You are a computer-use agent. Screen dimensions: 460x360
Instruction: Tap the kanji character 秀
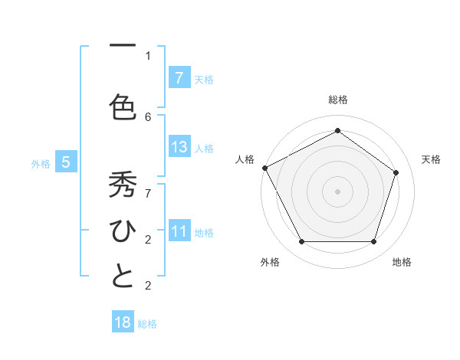[x=122, y=186]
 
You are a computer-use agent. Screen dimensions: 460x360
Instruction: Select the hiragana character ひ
[x=122, y=231]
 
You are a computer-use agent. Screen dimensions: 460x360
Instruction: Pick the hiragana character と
[x=122, y=277]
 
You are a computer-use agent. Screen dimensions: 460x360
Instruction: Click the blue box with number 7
[x=179, y=77]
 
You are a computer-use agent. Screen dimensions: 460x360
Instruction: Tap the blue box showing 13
[x=179, y=147]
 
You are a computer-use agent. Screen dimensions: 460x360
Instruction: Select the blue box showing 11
[x=179, y=231]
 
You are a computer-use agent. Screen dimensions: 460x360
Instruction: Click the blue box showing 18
[x=123, y=322]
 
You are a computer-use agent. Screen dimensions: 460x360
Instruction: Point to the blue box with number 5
[x=66, y=162]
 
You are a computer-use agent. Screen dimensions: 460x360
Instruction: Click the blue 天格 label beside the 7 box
[x=204, y=79]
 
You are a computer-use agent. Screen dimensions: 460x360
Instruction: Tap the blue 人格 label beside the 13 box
[x=204, y=148]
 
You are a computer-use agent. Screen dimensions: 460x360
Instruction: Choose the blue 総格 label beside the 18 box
[x=147, y=324]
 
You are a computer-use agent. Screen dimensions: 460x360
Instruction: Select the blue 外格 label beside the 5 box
[x=41, y=163]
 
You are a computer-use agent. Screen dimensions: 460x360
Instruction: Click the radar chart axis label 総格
[x=337, y=100]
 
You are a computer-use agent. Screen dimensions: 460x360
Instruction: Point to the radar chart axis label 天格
[x=432, y=159]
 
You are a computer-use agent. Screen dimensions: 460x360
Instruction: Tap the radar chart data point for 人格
[x=265, y=168]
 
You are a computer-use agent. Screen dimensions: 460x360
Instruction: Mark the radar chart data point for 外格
[x=301, y=242]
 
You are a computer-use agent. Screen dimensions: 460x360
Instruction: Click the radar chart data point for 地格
[x=374, y=242]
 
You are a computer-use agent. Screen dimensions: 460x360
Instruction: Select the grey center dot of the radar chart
[x=337, y=191]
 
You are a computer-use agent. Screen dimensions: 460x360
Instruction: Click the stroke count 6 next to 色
[x=148, y=116]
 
